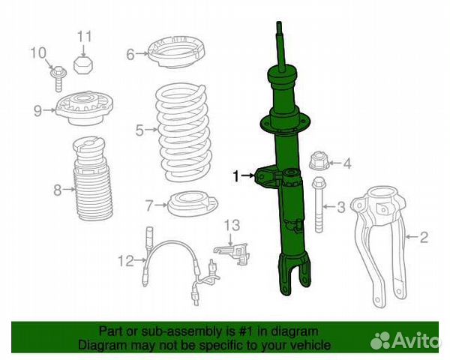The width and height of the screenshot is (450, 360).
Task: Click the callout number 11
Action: click(85, 37)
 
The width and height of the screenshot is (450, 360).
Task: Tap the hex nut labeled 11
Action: click(82, 65)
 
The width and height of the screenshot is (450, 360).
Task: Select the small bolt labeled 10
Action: click(58, 79)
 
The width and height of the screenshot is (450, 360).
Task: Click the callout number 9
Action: click(37, 110)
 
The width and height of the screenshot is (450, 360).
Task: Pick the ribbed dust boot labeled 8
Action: click(93, 178)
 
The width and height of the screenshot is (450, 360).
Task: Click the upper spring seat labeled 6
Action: click(176, 52)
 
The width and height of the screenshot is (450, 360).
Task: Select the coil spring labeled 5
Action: click(184, 132)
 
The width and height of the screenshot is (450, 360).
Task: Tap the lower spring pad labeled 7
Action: click(193, 204)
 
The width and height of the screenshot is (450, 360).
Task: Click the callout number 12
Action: click(126, 261)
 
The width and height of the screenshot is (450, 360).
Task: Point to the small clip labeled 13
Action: click(232, 253)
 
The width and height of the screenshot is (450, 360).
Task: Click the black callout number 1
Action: click(236, 176)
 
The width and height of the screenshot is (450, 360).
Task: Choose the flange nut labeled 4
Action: click(319, 160)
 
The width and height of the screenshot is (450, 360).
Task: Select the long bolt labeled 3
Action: click(319, 205)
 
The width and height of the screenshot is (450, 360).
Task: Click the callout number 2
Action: click(424, 237)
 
